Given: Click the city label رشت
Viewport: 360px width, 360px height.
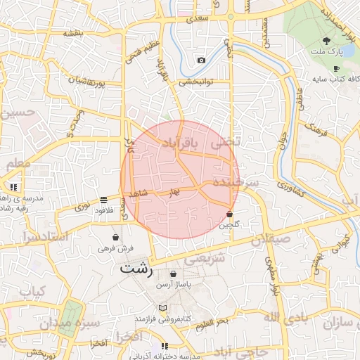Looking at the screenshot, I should pos(136,269).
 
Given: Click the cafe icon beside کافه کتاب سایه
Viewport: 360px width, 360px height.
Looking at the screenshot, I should pos(337,68).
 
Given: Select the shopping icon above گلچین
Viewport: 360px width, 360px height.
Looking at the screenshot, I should pos(229,214).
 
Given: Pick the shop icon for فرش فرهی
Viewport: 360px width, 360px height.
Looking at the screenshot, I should pos(115,238).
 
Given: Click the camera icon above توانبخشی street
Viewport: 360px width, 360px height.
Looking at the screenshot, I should pos(202,60).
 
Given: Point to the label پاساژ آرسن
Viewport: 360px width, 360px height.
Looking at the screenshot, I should pos(174,283).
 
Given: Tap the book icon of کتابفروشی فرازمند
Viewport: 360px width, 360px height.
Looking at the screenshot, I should pos(164,308).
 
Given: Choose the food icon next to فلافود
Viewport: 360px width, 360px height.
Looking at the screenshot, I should pos(104,199).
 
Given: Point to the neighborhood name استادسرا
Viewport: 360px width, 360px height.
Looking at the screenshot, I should pos(44,236).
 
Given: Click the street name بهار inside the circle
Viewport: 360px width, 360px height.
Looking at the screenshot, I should pos(174,191).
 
